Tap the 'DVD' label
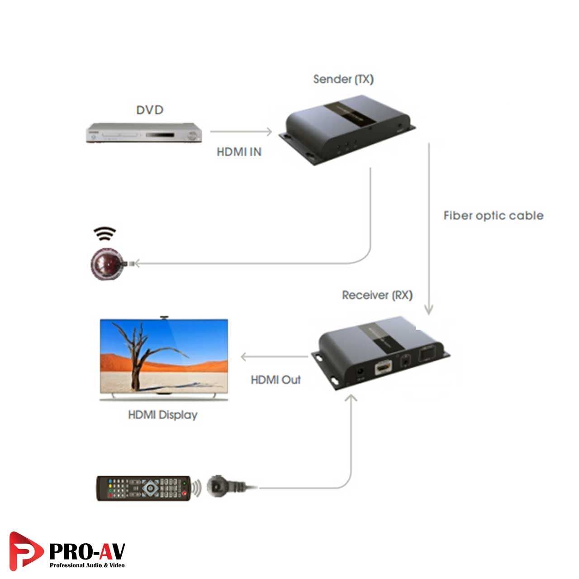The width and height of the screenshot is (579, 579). click(x=150, y=110)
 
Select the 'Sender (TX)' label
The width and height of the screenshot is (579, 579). click(x=343, y=79)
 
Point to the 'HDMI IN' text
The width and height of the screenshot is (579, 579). click(x=239, y=152)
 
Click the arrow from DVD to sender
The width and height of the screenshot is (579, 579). click(x=241, y=132)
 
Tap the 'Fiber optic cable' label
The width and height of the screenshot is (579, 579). click(x=493, y=216)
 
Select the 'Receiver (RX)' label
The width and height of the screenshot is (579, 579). click(x=377, y=295)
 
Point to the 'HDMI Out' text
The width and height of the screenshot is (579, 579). click(x=275, y=380)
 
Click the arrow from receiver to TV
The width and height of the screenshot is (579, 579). click(x=274, y=357)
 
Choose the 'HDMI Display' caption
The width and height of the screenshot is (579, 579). click(x=163, y=415)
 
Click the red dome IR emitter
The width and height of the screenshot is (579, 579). click(x=107, y=264)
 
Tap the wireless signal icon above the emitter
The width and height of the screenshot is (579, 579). click(x=104, y=234)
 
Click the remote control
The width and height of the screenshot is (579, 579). click(x=143, y=488)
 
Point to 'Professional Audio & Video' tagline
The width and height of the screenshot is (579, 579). click(x=87, y=565)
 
